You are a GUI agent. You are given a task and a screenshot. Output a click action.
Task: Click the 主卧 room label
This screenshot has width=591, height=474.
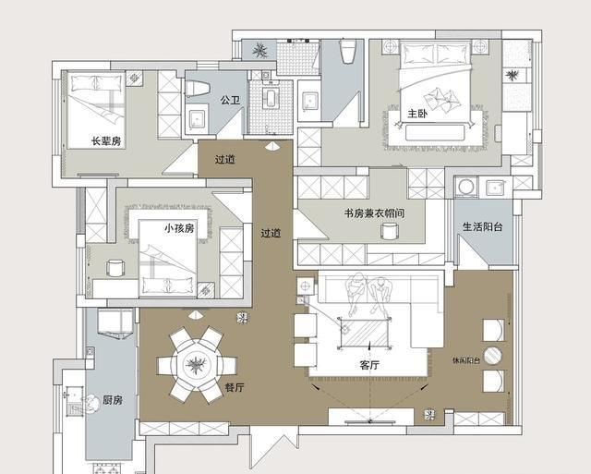tap(417, 115)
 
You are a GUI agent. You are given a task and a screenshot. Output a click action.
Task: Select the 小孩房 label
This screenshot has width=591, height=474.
tap(179, 227)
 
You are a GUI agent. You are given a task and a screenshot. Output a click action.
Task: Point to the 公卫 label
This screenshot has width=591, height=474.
tap(231, 100)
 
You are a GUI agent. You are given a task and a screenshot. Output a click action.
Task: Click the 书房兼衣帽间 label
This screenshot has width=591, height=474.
tap(372, 213)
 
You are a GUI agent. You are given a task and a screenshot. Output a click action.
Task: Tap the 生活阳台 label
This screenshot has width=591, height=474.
tap(482, 227)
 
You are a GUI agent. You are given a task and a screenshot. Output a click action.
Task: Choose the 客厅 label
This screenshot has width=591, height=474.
tap(370, 365)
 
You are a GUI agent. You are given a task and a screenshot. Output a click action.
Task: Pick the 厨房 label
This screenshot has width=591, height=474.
tap(113, 400)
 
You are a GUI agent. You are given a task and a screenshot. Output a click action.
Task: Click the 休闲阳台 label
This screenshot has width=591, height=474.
tap(466, 359)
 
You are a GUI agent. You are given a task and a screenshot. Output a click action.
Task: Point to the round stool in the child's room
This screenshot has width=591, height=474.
tap(116, 269)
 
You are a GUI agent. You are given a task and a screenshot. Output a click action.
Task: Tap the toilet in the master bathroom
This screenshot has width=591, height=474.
tap(348, 52)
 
